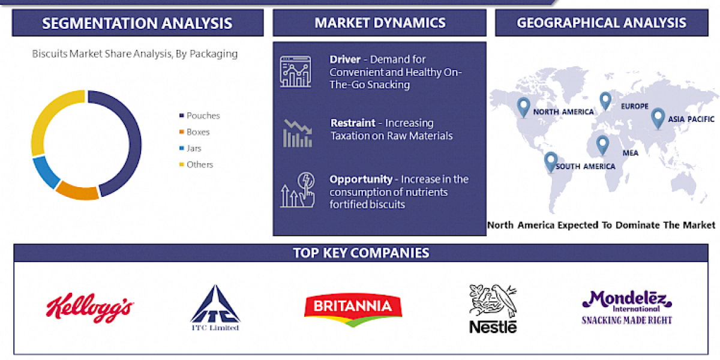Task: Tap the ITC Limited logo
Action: pos(215,308)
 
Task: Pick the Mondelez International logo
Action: pos(627,307)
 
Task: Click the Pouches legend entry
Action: pos(203,116)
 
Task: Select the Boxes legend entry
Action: pos(197,132)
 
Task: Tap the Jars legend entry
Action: pos(193,148)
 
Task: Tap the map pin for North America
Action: pos(524,107)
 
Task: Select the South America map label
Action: pos(585,166)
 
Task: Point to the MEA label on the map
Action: pos(630,153)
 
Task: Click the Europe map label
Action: pos(635,106)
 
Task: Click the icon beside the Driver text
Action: pos(295,71)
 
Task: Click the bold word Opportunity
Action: pos(361,179)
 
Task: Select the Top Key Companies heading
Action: pos(361,253)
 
